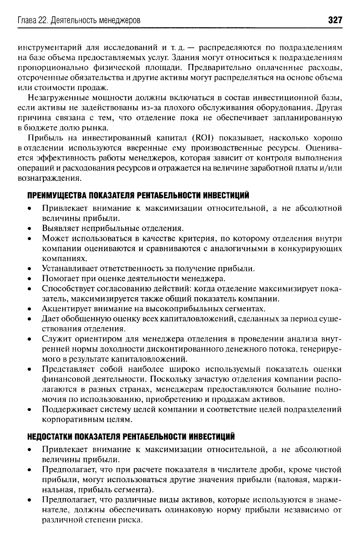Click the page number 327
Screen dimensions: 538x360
pyautogui.click(x=333, y=20)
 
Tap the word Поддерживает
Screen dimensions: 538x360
pyautogui.click(x=67, y=409)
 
